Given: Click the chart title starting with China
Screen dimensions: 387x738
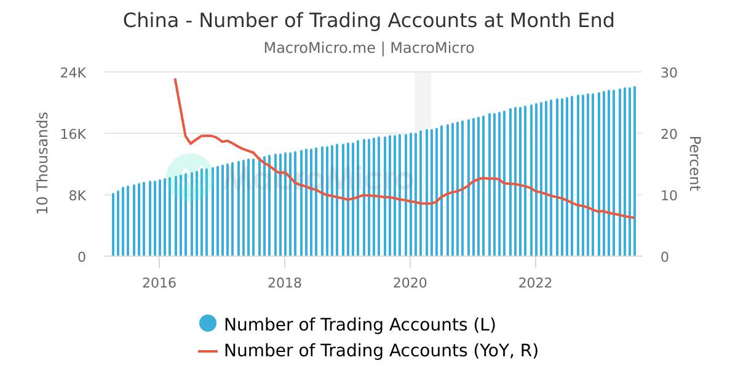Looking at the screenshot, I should [x=368, y=20].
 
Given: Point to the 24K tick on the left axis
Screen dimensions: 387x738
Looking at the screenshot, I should [x=74, y=72].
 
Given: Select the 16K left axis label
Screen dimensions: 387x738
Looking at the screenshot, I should [x=74, y=134].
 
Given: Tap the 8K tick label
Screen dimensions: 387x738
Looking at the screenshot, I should [x=76, y=195].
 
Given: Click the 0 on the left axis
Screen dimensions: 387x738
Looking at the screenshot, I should [x=82, y=257].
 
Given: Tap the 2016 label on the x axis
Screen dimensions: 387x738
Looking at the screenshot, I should [x=159, y=283].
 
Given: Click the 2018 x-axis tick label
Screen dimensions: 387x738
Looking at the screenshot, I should [x=285, y=283].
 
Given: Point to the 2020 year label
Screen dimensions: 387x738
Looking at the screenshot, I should [x=410, y=283].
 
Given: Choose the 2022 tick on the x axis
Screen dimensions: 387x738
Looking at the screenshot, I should [x=536, y=283].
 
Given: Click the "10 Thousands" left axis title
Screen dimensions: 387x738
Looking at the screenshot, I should [x=42, y=163].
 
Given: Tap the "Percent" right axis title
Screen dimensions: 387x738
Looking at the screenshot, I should [x=694, y=163].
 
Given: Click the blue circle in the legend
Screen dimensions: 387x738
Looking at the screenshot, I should [x=208, y=324].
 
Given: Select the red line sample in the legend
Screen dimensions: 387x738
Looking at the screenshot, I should [x=208, y=351].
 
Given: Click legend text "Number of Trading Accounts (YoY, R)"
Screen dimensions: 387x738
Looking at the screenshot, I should [x=381, y=351].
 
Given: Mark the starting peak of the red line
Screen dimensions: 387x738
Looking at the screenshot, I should [x=175, y=79].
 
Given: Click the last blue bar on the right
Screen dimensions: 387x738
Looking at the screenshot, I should [x=635, y=172].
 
